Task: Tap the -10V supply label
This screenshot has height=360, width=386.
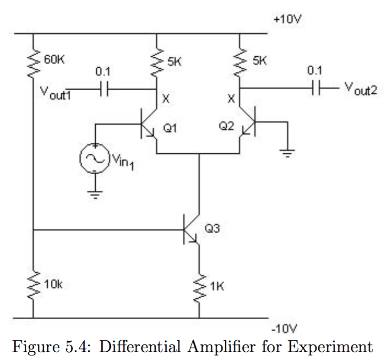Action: tap(284, 328)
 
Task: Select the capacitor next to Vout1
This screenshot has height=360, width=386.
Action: tap(103, 90)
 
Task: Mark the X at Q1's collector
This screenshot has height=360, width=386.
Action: tap(165, 98)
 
